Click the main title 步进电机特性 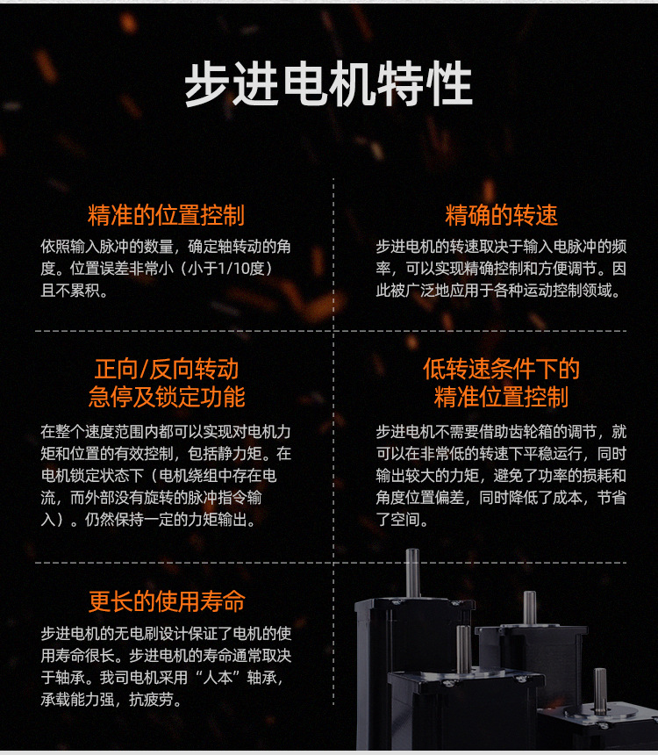point(329,83)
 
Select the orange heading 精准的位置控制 point(166,215)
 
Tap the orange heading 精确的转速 point(501,215)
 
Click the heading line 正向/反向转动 point(166,370)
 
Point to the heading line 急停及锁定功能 point(166,397)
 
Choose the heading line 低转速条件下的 point(501,370)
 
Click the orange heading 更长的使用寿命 point(167,601)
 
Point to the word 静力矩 point(240,454)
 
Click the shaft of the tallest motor point(412,573)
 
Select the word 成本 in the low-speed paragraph point(567,498)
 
